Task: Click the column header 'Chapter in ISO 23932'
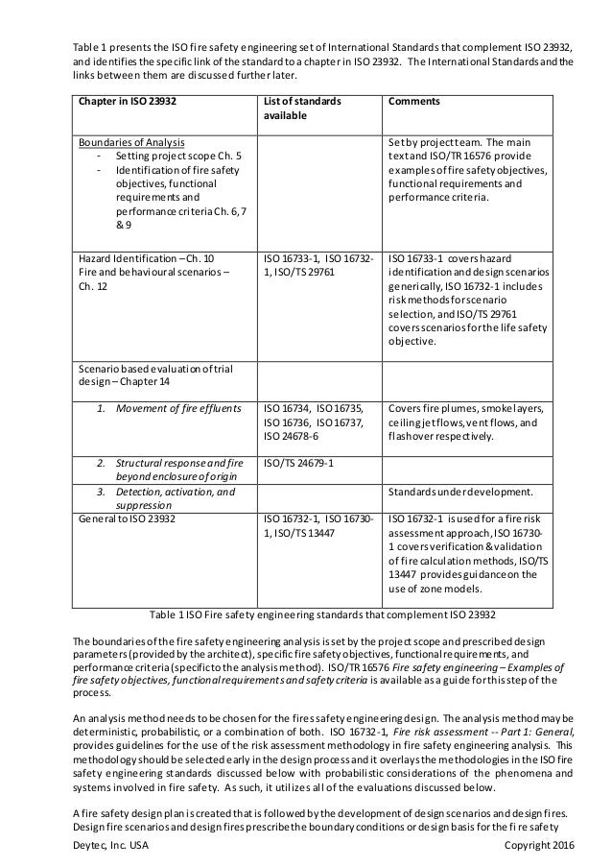click(x=120, y=101)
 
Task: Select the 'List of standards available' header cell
click(x=304, y=108)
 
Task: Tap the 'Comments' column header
click(x=414, y=101)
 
